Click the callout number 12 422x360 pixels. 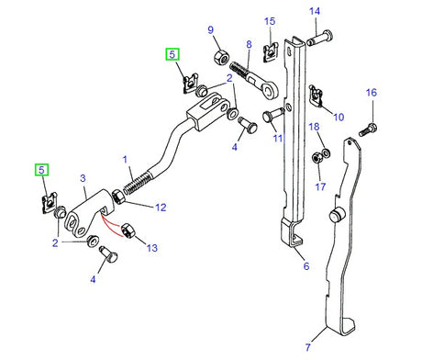point(161,208)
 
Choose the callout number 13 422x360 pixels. point(151,248)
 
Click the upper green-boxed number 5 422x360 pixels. point(172,54)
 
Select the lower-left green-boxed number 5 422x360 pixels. point(41,170)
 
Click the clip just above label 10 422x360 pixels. point(316,93)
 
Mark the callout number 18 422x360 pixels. point(313,127)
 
